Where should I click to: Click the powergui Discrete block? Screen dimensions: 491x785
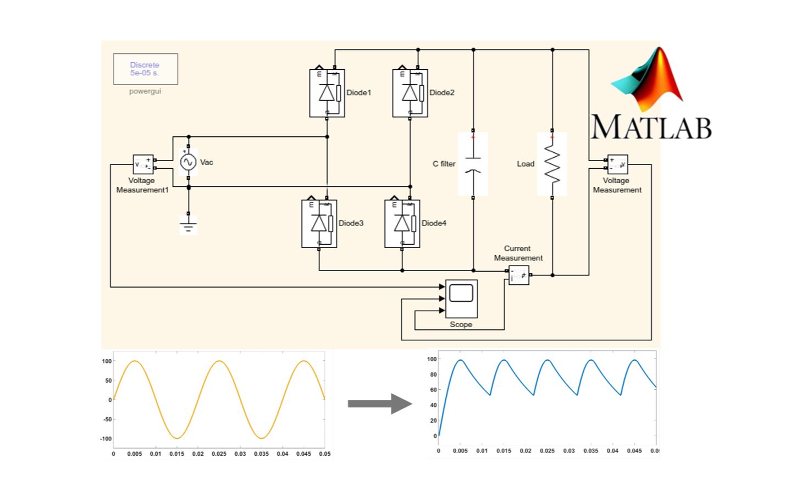[x=145, y=69]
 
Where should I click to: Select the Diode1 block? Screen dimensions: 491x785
[x=327, y=93]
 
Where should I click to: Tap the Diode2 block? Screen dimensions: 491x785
[x=410, y=93]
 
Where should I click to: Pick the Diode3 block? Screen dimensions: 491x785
[x=319, y=224]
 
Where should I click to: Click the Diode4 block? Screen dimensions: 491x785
[x=402, y=224]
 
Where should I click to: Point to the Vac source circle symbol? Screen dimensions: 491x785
[x=189, y=162]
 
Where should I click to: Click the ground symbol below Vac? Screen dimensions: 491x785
[x=189, y=225]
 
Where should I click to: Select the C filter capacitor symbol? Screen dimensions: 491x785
[x=473, y=164]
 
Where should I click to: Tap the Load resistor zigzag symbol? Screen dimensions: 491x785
[x=552, y=164]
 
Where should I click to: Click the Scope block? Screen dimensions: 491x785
[x=461, y=299]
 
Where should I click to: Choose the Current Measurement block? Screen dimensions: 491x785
[x=518, y=275]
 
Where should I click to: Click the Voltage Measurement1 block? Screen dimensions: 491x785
[x=143, y=164]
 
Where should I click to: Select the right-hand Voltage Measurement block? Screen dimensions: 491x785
[x=617, y=164]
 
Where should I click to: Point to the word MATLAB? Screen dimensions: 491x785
[x=651, y=126]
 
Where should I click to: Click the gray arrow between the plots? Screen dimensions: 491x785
[x=380, y=404]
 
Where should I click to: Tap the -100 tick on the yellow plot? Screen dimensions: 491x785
[x=106, y=439]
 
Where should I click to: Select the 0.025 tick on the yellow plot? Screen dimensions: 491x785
[x=219, y=454]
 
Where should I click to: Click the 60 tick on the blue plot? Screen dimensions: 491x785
[x=434, y=390]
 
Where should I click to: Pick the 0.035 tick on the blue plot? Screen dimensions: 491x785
[x=591, y=451]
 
